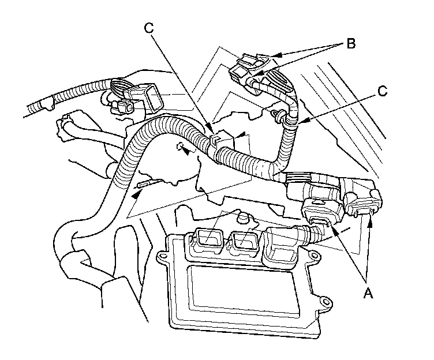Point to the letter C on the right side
(381, 91)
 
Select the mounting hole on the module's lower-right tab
(325, 301)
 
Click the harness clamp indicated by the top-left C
(214, 138)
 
